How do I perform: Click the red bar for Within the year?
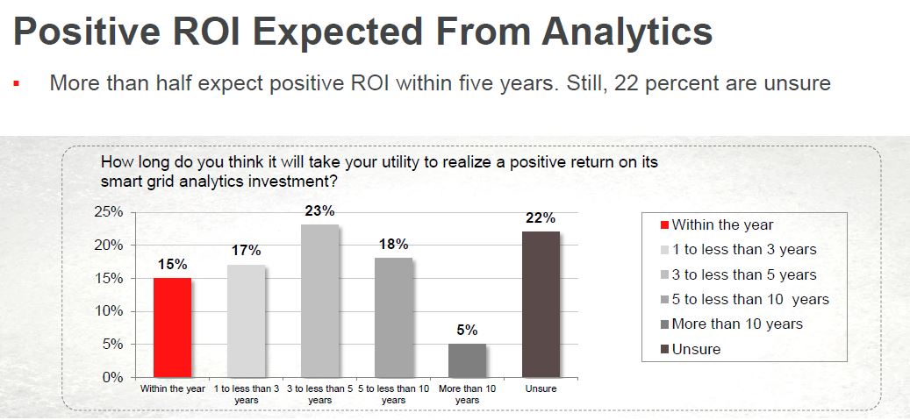tap(172, 327)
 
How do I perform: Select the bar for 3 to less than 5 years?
tap(319, 301)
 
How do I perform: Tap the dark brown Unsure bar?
tap(541, 304)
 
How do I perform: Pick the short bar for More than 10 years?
tap(467, 360)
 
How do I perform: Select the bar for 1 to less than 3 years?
tap(246, 321)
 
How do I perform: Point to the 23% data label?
tap(319, 211)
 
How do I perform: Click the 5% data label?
tap(467, 331)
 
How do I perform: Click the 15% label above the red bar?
tap(172, 264)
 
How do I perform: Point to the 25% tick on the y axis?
tap(108, 212)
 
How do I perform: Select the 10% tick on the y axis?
tap(108, 311)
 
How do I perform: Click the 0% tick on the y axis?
tap(111, 378)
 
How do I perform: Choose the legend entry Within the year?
tap(722, 225)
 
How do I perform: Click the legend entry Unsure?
tap(696, 349)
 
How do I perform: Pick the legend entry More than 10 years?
tap(737, 324)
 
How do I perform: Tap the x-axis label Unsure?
tap(541, 388)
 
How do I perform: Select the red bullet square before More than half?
tap(16, 85)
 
